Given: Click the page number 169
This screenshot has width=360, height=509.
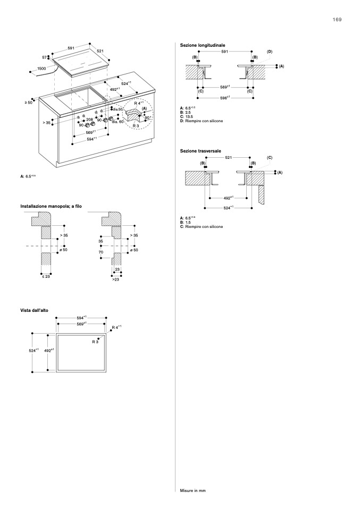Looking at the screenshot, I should tap(337, 19).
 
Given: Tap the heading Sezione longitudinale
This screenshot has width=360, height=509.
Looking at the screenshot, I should tap(203, 46).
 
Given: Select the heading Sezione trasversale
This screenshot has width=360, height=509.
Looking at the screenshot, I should tap(200, 151).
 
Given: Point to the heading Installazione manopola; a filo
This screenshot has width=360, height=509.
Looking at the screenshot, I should tap(51, 206).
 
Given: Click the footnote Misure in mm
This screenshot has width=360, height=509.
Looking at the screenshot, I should tap(193, 490).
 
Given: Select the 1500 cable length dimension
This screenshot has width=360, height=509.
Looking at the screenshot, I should tap(41, 69).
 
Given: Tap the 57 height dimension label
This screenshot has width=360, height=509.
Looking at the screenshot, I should tap(45, 57).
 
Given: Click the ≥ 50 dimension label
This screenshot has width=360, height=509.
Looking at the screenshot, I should tap(29, 102).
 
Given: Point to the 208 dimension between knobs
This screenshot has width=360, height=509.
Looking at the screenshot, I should tap(89, 120).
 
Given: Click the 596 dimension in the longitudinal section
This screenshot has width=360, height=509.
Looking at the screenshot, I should tap(224, 98).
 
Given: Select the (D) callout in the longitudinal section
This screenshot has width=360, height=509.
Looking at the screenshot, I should tap(270, 51).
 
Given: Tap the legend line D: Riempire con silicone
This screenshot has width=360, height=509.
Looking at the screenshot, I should tap(202, 122).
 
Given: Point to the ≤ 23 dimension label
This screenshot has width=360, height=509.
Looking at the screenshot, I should tap(46, 276).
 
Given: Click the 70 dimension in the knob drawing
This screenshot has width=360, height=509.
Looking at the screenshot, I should tap(101, 259).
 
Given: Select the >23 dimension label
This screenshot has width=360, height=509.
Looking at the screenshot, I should tap(115, 278).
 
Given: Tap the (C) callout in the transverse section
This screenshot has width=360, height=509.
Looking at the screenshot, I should tap(270, 158).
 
